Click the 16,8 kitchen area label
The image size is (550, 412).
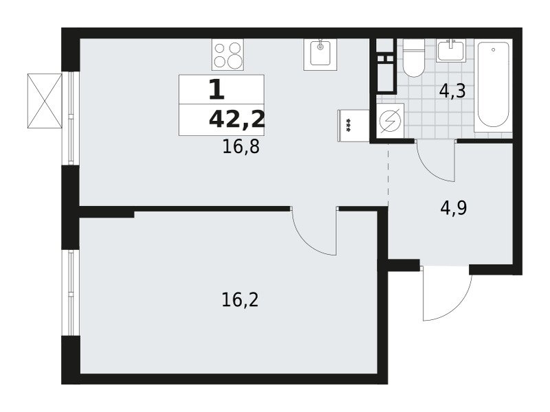241,146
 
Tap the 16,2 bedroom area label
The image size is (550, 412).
240,300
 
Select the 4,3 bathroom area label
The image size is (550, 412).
452,91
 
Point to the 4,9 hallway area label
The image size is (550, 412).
454,209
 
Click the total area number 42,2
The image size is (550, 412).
236,119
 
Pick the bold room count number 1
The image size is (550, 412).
217,90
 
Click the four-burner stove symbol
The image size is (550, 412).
228,54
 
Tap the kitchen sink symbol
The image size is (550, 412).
320,54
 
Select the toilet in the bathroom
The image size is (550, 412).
414,58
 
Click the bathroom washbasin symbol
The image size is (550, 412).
452,51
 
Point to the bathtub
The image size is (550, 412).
493,85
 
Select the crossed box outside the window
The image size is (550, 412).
45,101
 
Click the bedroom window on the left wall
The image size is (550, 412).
71,293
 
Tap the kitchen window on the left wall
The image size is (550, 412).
71,118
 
